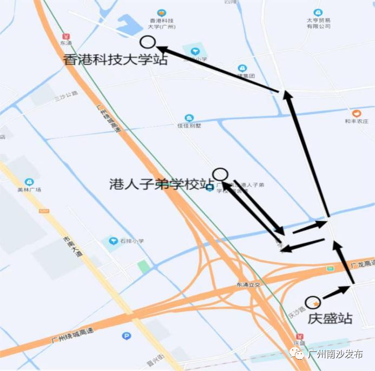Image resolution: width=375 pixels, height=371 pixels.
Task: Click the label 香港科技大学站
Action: (x=115, y=59)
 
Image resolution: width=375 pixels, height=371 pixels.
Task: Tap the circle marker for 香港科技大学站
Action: (x=147, y=42)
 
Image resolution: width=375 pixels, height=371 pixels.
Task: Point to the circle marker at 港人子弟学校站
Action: (x=220, y=174)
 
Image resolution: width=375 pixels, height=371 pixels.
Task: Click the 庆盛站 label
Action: (x=330, y=318)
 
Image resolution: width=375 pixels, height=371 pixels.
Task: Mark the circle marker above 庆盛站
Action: (x=312, y=303)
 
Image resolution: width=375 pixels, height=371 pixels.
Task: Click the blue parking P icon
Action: (x=127, y=336)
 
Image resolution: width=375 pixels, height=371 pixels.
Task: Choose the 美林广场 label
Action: (x=29, y=190)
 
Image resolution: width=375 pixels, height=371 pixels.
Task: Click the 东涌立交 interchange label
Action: (x=248, y=284)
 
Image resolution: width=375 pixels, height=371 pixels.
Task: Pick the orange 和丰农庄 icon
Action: (x=356, y=114)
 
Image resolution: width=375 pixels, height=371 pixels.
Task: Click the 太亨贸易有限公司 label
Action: (x=318, y=23)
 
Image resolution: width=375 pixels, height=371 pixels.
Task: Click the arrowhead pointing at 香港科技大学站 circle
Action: (x=162, y=50)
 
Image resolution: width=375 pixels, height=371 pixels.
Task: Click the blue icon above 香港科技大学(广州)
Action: (x=161, y=13)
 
